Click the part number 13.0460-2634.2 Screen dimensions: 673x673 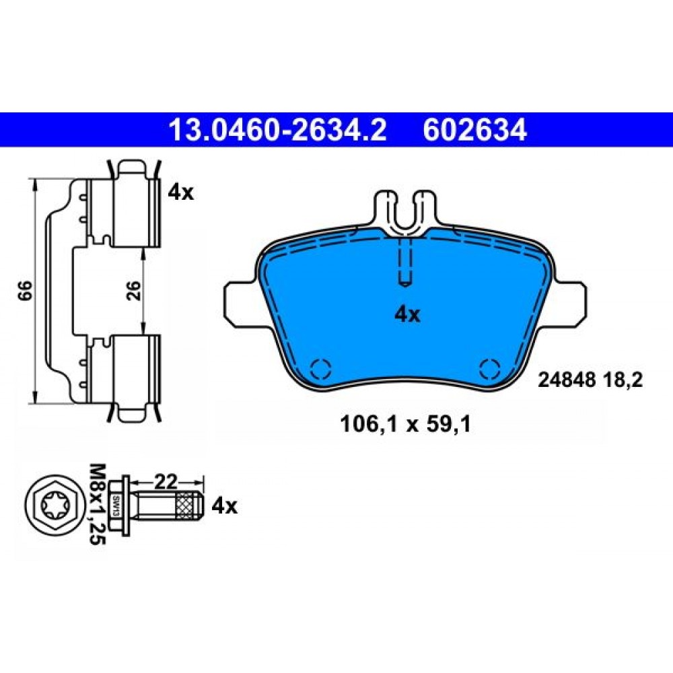[278, 130]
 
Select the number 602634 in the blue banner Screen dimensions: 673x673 [474, 130]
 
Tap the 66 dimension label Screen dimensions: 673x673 [26, 291]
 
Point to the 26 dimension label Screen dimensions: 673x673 [134, 291]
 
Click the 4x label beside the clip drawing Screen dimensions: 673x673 [180, 192]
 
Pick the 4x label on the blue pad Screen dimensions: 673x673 [407, 316]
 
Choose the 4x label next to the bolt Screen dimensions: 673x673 [224, 507]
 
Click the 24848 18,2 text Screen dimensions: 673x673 [590, 380]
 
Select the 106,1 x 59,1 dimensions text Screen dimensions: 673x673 [405, 425]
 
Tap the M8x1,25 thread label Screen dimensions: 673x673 [97, 504]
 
